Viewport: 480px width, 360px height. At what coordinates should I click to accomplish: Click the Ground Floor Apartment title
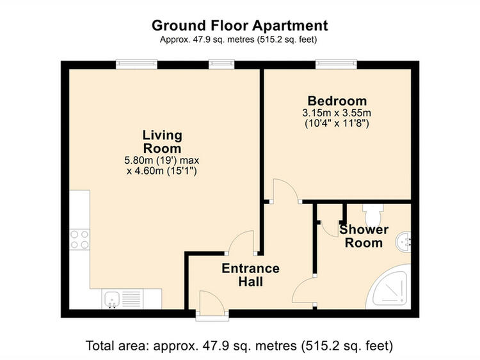pos(240,26)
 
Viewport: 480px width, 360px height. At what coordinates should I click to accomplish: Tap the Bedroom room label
pos(337,101)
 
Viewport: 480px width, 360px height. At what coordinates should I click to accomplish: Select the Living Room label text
pos(163,141)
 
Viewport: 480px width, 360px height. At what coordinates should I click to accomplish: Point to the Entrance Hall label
pos(250,275)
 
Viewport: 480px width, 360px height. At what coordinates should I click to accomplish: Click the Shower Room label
pos(364,236)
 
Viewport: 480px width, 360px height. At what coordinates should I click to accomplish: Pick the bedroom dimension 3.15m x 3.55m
pos(337,113)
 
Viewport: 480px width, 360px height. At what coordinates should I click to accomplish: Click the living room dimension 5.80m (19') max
pos(162,160)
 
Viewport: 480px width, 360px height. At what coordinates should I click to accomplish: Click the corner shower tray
pos(388,288)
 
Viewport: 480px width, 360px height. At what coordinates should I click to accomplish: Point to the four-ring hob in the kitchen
pos(79,240)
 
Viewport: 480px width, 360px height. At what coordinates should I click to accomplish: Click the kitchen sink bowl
pos(112,299)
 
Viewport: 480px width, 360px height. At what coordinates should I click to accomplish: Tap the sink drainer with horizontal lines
pos(132,299)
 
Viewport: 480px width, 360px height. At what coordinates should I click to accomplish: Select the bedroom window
pos(336,64)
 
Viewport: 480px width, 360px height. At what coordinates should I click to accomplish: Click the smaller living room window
pos(221,64)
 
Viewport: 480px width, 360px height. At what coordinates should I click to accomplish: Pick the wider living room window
pos(136,64)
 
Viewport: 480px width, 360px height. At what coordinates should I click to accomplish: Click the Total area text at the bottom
pos(239,346)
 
